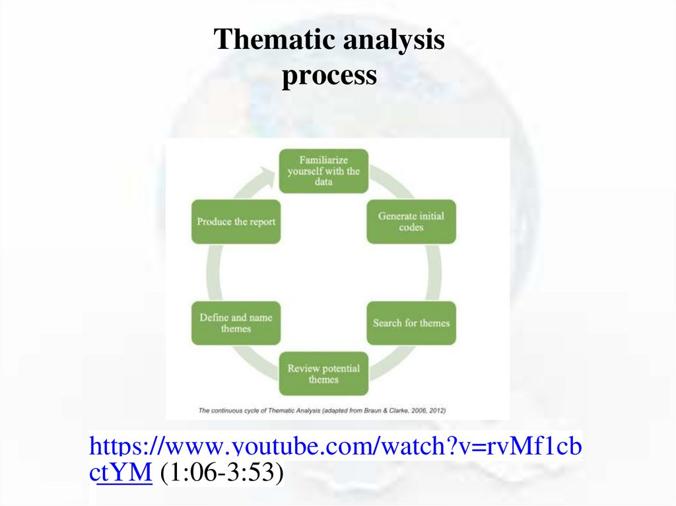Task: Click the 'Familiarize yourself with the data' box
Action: (x=323, y=171)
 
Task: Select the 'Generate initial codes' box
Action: (x=411, y=222)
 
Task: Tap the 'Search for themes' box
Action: (x=411, y=323)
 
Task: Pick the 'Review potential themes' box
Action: (x=323, y=373)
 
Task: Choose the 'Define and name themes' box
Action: (x=236, y=323)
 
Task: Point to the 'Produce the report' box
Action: (x=236, y=222)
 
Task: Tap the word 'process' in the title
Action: (x=329, y=76)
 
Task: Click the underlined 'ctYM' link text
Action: (x=125, y=472)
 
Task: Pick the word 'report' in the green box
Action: (x=262, y=222)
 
